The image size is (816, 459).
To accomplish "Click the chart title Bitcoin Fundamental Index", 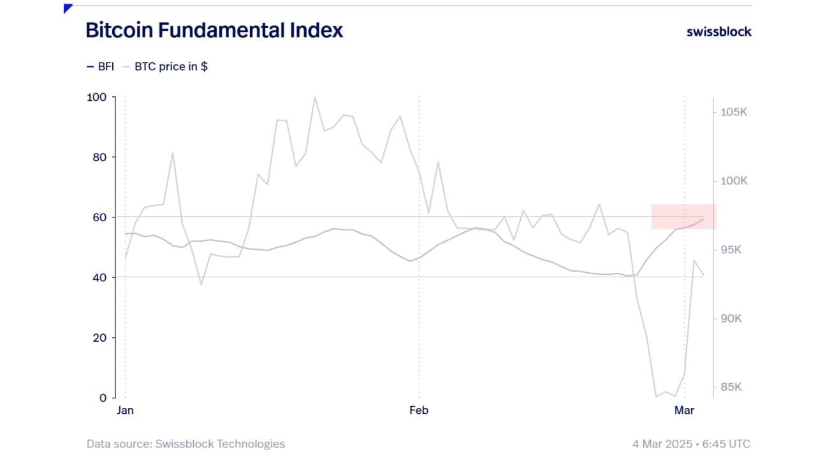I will [x=214, y=30].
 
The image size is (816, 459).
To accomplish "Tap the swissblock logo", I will [x=718, y=31].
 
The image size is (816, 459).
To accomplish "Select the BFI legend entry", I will [x=100, y=66].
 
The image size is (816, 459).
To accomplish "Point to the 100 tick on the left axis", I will [x=97, y=97].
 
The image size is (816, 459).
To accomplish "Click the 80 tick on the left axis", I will [x=100, y=157].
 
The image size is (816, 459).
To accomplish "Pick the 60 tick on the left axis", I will [x=100, y=217].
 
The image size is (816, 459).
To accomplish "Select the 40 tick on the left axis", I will [x=100, y=277].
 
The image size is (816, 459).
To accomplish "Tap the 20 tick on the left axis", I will [x=100, y=338].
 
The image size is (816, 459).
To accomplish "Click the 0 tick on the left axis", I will [x=103, y=398].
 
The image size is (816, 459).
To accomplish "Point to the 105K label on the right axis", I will [x=734, y=112].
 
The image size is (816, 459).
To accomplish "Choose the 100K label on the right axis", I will [x=734, y=181].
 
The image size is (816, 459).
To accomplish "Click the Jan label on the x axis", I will [x=125, y=411].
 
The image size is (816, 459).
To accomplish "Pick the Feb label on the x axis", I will [x=419, y=411].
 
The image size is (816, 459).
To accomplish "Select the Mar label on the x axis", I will [x=684, y=411].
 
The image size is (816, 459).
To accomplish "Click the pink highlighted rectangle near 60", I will [x=683, y=217].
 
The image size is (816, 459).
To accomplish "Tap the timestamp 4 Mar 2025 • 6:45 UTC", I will [x=691, y=444].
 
